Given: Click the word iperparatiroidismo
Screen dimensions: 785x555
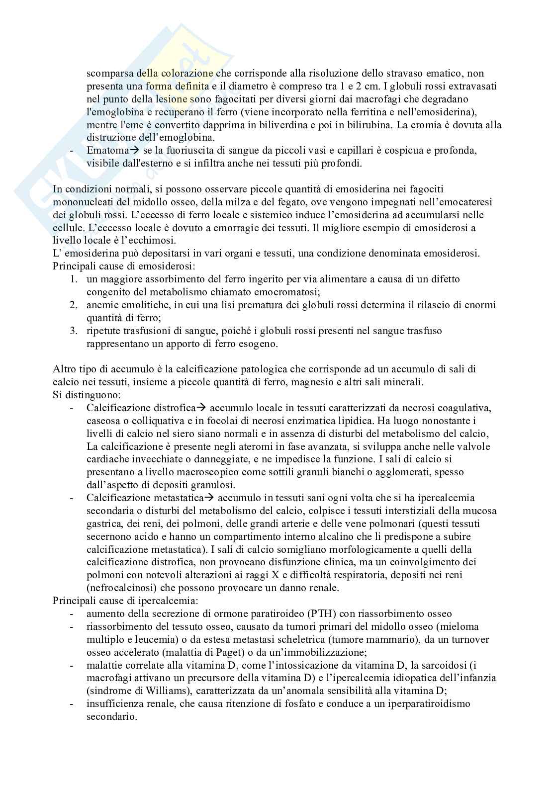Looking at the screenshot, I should coord(422,703).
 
